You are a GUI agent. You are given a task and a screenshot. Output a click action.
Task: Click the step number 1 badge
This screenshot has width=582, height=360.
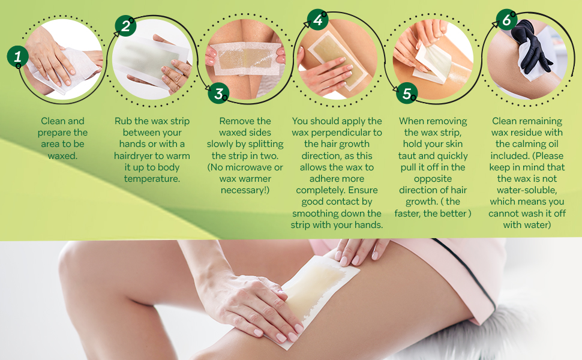pos(18,57)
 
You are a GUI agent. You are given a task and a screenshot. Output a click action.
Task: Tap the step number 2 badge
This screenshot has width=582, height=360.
pos(125,26)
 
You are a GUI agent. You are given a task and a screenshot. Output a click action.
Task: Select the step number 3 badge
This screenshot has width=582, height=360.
pos(218,93)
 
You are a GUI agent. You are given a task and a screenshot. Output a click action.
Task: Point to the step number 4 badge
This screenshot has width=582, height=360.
pos(318,20)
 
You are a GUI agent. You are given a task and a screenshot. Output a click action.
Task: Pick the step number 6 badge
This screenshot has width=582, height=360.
pos(506,20)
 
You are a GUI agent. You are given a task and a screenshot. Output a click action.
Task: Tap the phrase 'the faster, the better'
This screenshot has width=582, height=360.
pos(433,213)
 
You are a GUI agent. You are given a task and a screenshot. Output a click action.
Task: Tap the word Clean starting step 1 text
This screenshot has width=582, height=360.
pos(53,121)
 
